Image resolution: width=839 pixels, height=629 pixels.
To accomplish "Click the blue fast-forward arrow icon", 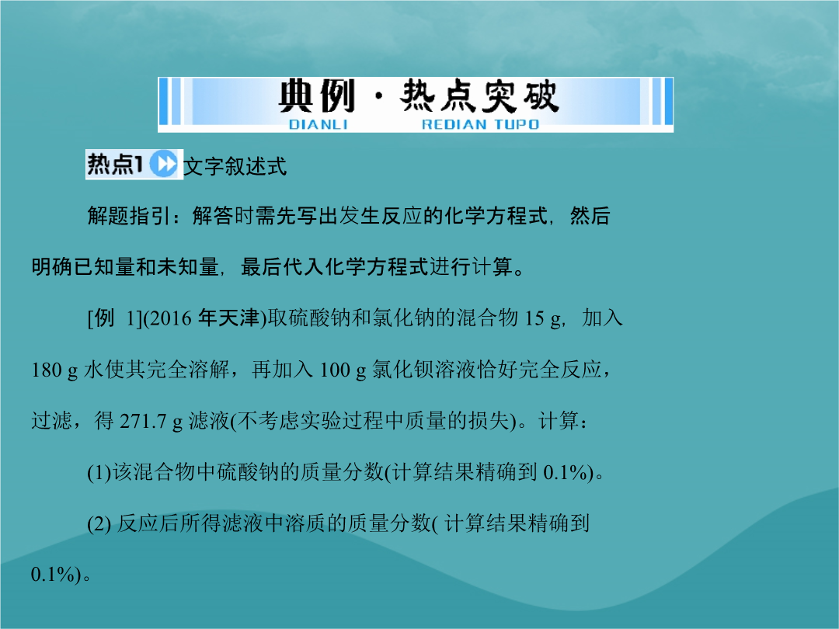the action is [x=163, y=164].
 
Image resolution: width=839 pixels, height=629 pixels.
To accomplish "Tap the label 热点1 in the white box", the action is [x=115, y=164].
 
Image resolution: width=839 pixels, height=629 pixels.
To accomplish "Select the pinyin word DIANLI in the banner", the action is [x=318, y=124].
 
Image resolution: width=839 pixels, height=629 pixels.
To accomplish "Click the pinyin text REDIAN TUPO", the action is [x=480, y=124].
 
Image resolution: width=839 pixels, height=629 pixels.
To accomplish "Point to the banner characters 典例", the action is [x=316, y=96].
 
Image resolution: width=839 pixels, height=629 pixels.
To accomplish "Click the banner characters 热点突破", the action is [x=479, y=96].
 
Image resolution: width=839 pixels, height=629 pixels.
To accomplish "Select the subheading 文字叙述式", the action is [x=235, y=166].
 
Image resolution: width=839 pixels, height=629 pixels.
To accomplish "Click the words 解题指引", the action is [x=128, y=216].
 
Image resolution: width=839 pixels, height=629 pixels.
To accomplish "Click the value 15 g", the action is [x=542, y=319].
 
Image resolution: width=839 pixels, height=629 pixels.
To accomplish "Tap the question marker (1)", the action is [x=99, y=473].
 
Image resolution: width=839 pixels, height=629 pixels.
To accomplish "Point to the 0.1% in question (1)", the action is [x=565, y=473].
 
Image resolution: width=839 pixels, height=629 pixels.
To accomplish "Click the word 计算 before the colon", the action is [x=559, y=421].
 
